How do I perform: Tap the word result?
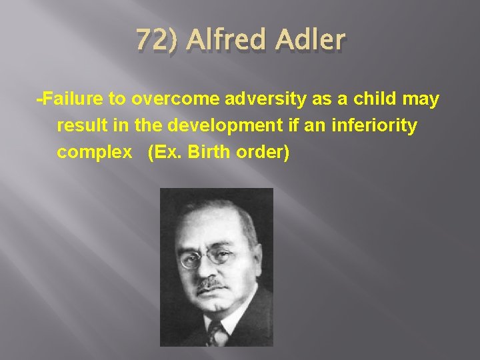tap(77, 126)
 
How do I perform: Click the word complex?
tap(94, 153)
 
